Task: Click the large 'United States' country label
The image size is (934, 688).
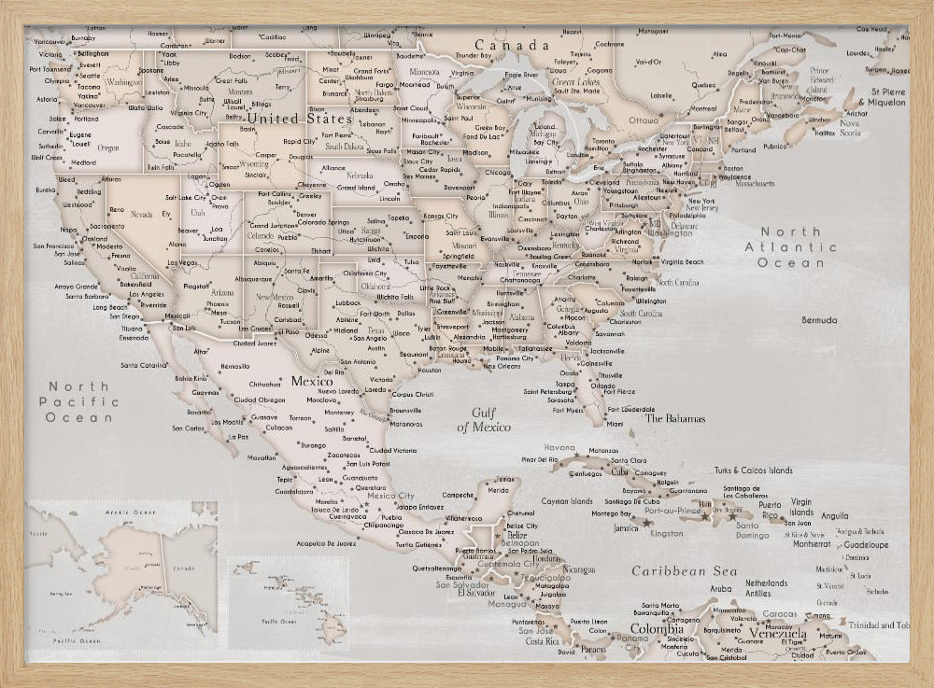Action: tap(299, 119)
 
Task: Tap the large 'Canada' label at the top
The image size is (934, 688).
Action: tap(511, 45)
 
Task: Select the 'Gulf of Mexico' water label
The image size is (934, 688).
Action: tap(484, 419)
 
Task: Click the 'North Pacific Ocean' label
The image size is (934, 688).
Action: tap(79, 401)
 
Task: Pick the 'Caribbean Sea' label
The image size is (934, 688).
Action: tap(684, 571)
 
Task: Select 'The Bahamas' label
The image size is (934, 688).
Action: tap(674, 419)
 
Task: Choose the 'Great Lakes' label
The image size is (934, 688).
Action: tap(575, 83)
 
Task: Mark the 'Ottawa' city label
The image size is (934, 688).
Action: tap(644, 120)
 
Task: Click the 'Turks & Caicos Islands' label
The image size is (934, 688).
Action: tap(754, 470)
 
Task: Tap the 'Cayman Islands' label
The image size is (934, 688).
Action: tap(566, 501)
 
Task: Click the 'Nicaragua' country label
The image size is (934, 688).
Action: tap(578, 569)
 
